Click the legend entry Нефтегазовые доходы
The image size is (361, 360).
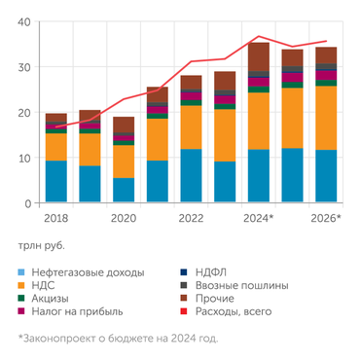click(89, 271)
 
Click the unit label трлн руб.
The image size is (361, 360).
click(46, 246)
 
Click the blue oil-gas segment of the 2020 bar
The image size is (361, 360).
click(124, 191)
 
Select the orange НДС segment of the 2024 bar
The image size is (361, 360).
click(259, 122)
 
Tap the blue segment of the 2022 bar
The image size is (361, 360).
click(191, 176)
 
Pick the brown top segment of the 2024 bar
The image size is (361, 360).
click(259, 56)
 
